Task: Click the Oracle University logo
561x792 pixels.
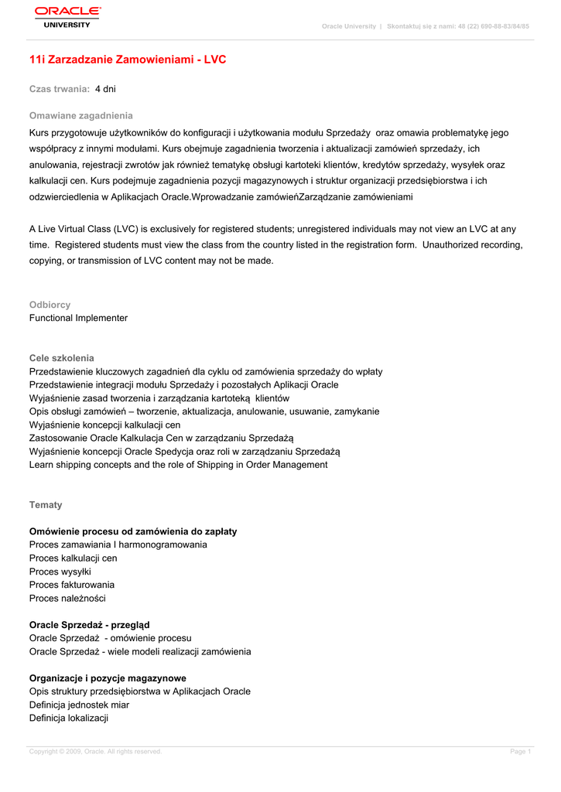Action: point(67,16)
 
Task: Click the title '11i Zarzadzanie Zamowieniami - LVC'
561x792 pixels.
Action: point(128,60)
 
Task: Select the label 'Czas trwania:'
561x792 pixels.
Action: point(60,90)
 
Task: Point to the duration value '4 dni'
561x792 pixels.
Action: point(105,90)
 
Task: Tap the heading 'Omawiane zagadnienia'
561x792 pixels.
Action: point(81,115)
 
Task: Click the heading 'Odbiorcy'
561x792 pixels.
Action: point(50,305)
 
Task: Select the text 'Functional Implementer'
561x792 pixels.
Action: point(78,318)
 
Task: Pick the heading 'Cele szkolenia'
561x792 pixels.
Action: point(62,358)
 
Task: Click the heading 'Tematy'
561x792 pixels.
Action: point(46,505)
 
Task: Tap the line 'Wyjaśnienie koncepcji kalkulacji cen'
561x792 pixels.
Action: point(104,425)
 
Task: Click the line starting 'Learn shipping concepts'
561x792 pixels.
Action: point(178,465)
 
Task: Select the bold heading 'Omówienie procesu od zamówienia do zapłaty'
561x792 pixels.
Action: point(133,531)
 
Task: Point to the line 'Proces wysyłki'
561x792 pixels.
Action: point(60,572)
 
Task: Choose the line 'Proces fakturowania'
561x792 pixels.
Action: point(72,585)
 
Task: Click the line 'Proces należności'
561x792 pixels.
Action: point(67,598)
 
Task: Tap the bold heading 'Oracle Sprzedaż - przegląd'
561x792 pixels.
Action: point(90,625)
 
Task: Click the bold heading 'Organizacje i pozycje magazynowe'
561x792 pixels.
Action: point(108,678)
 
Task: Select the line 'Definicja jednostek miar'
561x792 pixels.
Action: point(79,705)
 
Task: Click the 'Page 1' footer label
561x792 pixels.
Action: point(520,752)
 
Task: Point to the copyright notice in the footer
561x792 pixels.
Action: point(95,752)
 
